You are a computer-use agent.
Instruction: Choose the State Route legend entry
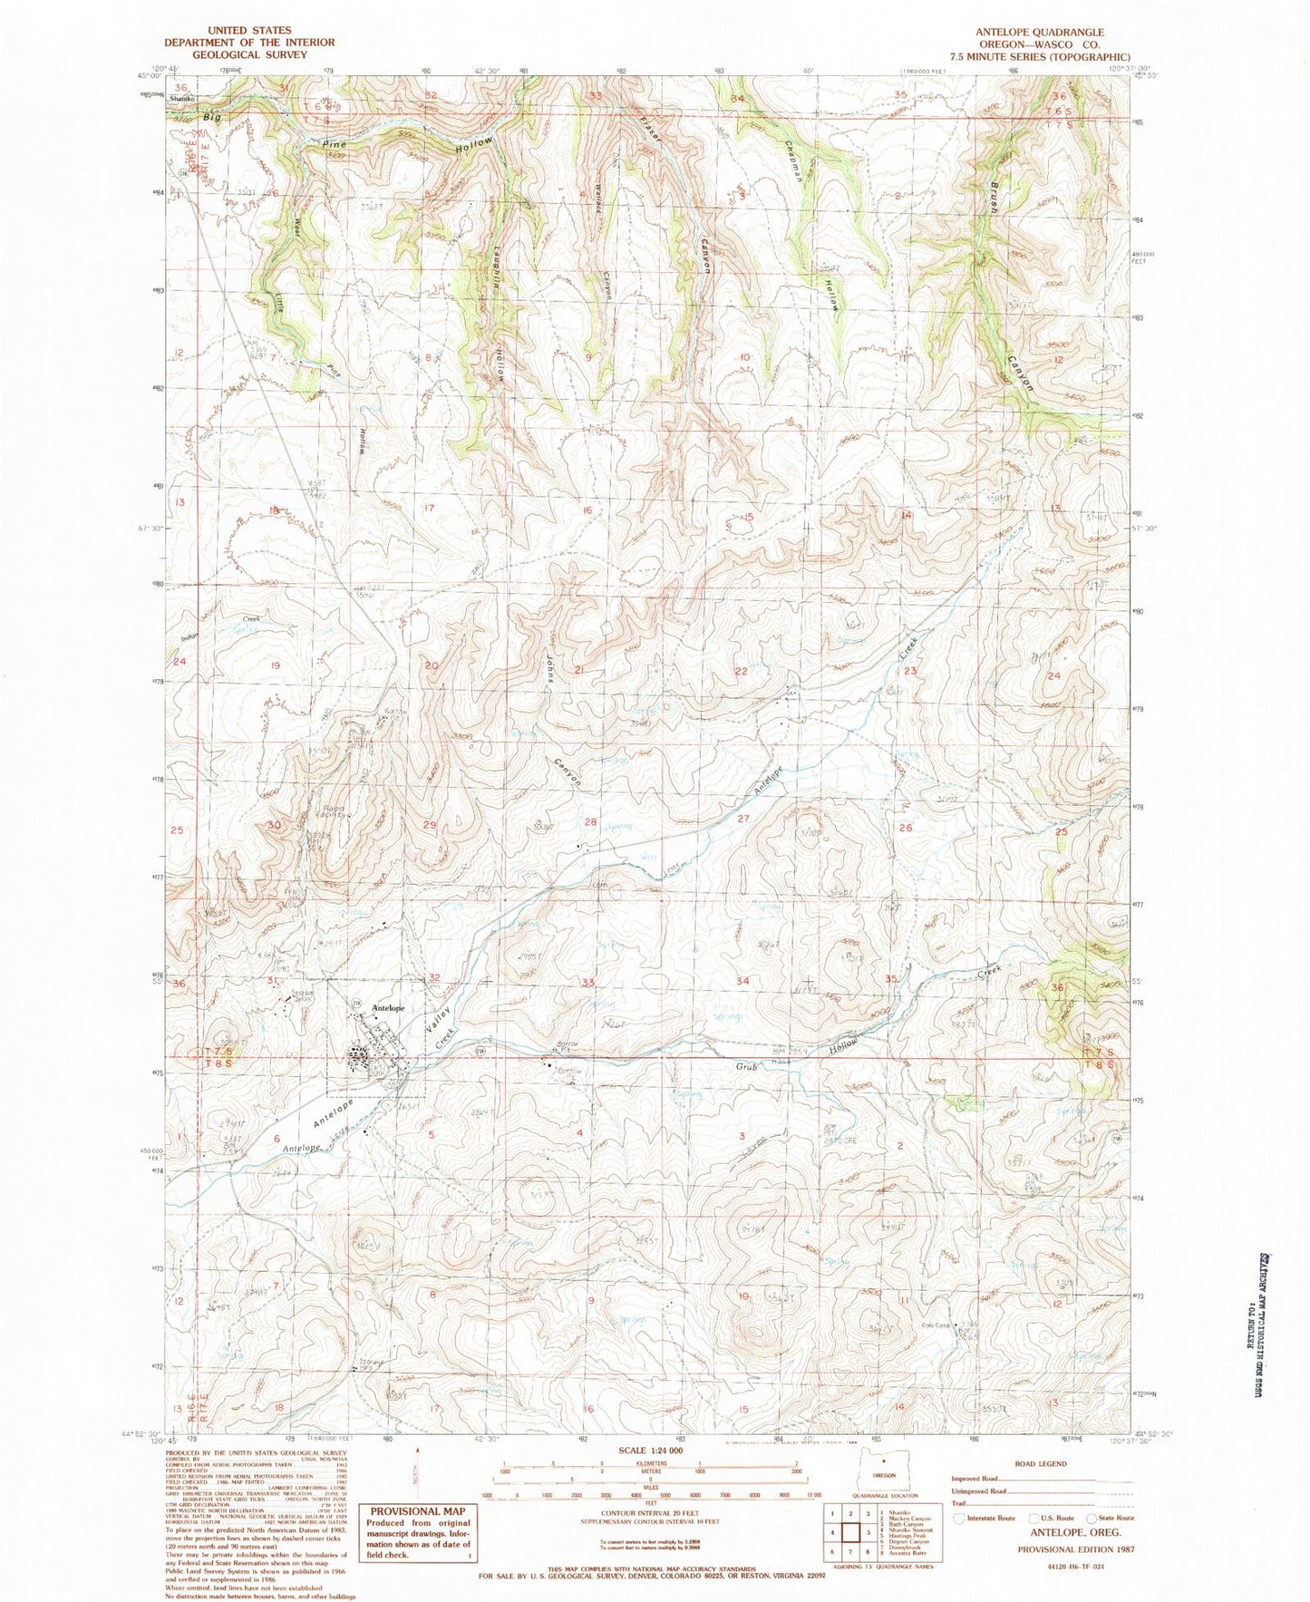pos(1107,1518)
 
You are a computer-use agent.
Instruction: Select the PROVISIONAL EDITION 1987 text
pos(1075,1549)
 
